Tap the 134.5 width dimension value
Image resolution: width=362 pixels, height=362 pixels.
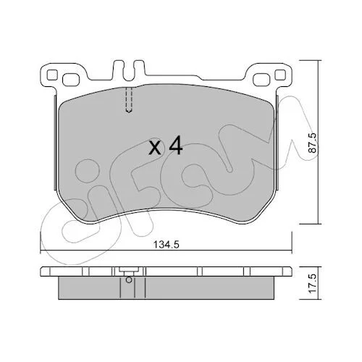click(x=167, y=245)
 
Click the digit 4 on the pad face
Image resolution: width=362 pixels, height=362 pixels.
click(x=175, y=145)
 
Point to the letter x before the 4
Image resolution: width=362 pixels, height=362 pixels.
click(x=155, y=148)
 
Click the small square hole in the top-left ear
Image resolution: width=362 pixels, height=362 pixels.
click(x=52, y=75)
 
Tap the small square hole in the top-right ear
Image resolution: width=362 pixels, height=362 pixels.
click(x=280, y=75)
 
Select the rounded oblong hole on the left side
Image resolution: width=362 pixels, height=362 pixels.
click(x=71, y=80)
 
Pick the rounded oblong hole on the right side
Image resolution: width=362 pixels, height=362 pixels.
click(x=261, y=80)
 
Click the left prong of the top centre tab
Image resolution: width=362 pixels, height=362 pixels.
click(x=119, y=70)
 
